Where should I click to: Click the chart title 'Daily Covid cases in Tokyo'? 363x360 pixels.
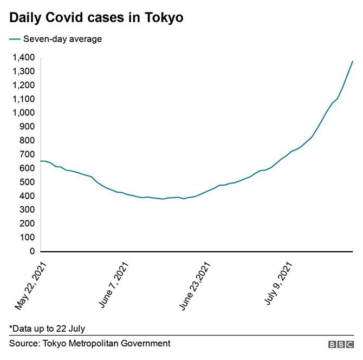coord(96,17)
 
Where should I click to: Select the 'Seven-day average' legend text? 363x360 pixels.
coord(62,39)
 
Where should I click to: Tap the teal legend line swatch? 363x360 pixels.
coord(15,39)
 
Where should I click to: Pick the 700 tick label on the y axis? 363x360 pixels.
coord(26,154)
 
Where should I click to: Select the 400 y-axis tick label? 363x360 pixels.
coord(26,196)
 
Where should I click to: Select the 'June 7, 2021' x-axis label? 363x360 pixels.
coord(114,286)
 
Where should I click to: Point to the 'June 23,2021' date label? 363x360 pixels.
coord(195,286)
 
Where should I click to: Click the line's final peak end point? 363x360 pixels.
coord(353,61)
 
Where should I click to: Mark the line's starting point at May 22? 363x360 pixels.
coord(41,161)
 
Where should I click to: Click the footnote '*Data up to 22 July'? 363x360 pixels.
coord(47,328)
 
